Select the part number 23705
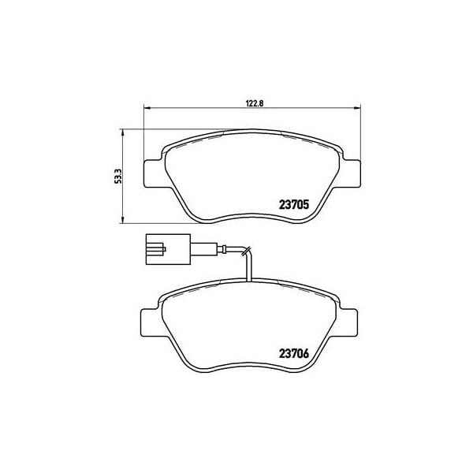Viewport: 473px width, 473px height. tap(295, 203)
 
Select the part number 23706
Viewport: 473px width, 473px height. tap(295, 353)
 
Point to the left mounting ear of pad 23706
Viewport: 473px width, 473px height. tap(149, 322)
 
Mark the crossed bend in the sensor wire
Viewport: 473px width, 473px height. tap(247, 253)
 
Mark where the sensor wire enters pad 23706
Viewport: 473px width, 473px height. tap(248, 282)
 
